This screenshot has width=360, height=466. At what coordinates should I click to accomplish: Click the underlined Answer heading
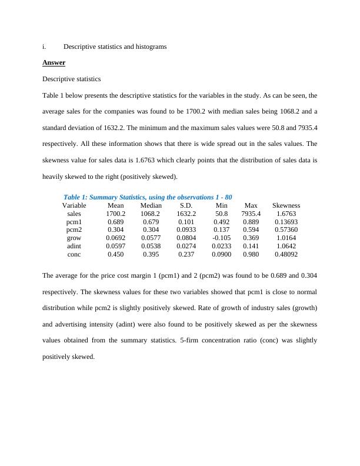coord(54,62)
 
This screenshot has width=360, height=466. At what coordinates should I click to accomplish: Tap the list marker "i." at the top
coord(45,46)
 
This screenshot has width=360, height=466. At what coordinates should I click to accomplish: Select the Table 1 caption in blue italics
coord(148,197)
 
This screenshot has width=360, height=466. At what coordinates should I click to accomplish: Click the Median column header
coord(151,205)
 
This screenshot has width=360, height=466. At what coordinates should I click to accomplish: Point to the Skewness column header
coord(286,205)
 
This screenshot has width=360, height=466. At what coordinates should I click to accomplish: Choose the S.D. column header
coord(186,205)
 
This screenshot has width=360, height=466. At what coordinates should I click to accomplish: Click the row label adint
coord(74,246)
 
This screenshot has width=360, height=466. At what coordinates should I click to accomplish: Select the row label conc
coord(74,254)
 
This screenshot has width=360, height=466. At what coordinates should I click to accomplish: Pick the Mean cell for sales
coord(116,214)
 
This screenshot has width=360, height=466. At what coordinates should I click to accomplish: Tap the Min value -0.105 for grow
coord(221,238)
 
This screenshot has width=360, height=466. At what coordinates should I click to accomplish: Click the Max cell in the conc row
coord(251,254)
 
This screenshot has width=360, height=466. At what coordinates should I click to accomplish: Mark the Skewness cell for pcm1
coord(286,222)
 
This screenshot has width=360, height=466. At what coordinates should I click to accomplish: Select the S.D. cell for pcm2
coord(186,229)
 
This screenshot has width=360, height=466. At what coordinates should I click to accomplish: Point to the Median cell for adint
coord(151,246)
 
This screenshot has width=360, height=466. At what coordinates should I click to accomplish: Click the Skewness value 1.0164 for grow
coord(286,238)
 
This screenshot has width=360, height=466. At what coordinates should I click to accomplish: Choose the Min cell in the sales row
coord(221,214)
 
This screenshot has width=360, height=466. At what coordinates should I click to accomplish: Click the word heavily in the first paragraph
coord(54,177)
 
